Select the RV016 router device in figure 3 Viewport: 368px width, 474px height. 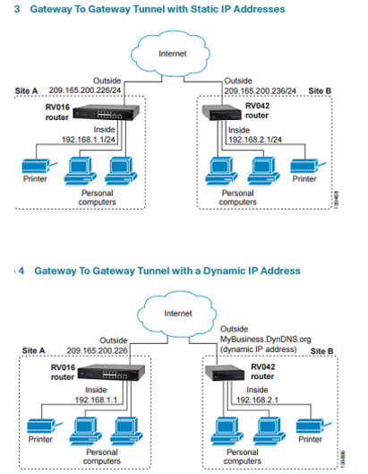(101, 115)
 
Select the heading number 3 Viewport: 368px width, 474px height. (18, 8)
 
